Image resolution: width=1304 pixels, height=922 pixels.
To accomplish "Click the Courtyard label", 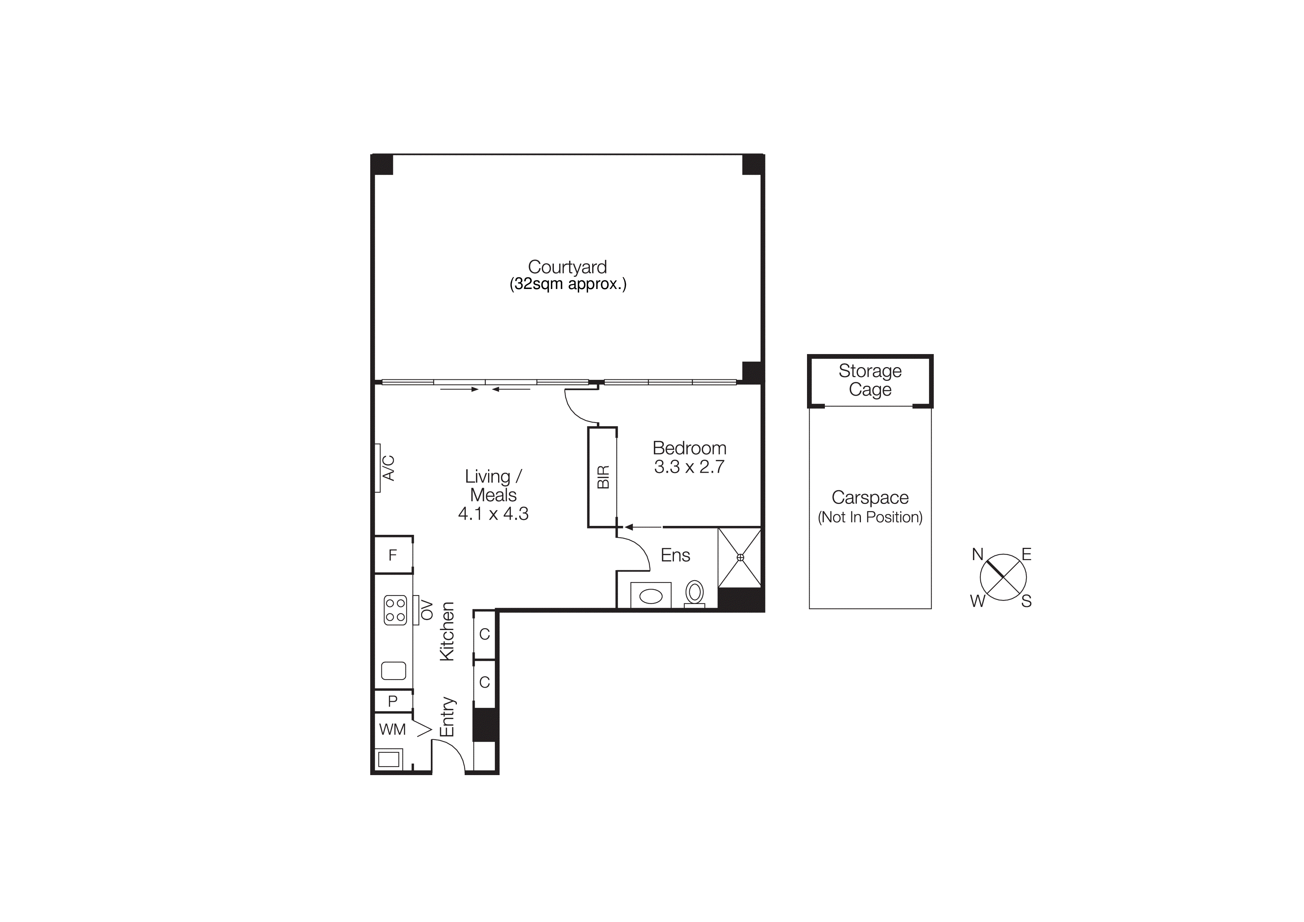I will [x=567, y=267].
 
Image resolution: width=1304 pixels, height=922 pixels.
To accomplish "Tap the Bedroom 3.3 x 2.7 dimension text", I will [x=689, y=467].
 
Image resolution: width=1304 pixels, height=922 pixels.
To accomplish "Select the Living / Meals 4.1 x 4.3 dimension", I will [x=493, y=514].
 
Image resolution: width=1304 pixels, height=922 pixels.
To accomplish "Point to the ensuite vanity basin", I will [x=651, y=596].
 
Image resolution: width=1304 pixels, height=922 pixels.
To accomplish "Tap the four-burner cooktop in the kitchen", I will [x=395, y=610].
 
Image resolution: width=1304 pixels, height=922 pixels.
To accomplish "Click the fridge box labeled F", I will [x=393, y=555].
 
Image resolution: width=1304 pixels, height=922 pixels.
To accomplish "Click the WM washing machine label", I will [x=393, y=729].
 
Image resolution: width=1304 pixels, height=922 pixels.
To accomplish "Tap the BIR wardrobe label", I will [x=603, y=477].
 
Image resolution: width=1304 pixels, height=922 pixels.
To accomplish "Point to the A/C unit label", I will [x=388, y=468].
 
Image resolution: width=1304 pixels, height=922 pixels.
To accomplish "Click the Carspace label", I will [x=869, y=498].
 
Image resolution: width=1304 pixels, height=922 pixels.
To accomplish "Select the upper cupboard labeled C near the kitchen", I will [x=484, y=634].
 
